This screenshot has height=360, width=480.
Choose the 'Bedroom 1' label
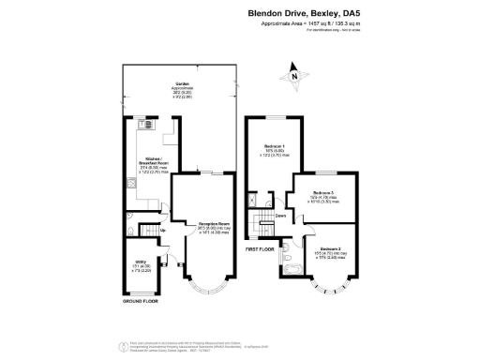click(276, 148)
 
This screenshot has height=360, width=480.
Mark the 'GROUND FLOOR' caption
click(140, 302)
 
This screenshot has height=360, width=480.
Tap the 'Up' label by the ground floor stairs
click(161, 232)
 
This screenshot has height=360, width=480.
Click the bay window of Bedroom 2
click(329, 284)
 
